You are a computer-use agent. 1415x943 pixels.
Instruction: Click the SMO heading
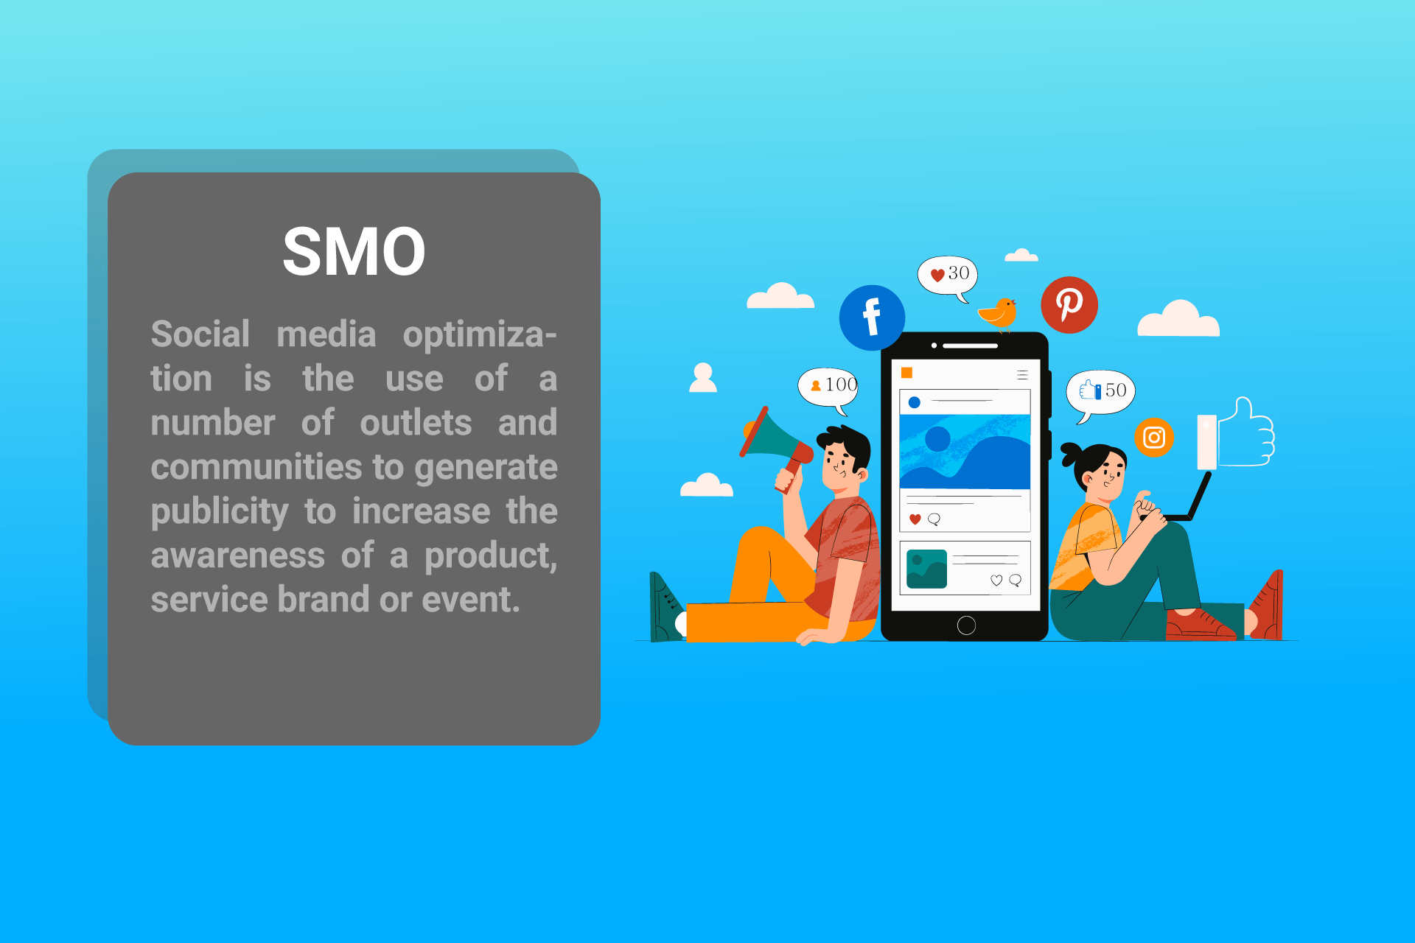click(354, 252)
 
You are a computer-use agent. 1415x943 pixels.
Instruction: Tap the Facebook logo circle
click(872, 318)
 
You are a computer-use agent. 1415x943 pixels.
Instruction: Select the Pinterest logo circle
click(1069, 304)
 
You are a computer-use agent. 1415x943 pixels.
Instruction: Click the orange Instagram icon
click(1154, 438)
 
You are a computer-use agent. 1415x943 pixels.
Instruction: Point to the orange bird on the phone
click(999, 314)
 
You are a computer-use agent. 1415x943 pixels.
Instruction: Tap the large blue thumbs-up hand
click(1246, 434)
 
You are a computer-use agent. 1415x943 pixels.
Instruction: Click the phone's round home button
click(966, 625)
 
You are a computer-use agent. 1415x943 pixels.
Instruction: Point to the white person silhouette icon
click(703, 378)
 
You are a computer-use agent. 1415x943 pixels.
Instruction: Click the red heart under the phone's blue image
click(915, 519)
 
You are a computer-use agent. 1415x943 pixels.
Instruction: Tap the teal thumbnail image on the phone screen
click(926, 569)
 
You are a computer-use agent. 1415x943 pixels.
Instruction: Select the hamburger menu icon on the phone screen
click(1022, 375)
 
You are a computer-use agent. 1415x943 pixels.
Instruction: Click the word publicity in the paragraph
click(220, 512)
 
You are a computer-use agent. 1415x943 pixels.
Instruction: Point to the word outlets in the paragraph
click(416, 423)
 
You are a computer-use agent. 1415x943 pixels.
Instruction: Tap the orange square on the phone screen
click(907, 373)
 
